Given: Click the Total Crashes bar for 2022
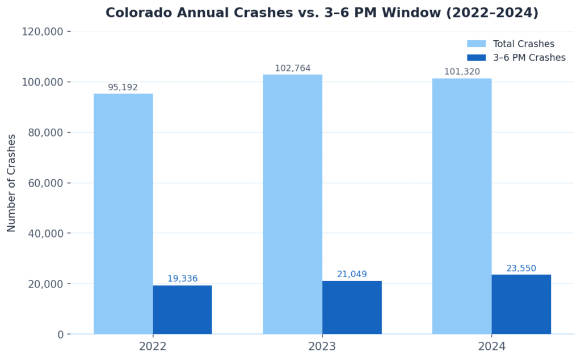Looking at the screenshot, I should pyautogui.click(x=123, y=214).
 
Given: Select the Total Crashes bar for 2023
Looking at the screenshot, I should pyautogui.click(x=292, y=204).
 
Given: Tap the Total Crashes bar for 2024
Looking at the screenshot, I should pyautogui.click(x=462, y=206).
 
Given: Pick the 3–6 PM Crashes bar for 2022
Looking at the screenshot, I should pyautogui.click(x=182, y=310).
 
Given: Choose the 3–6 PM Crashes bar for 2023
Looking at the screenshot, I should pyautogui.click(x=352, y=307).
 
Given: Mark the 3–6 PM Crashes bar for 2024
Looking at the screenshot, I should pyautogui.click(x=521, y=304).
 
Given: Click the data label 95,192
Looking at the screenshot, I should pyautogui.click(x=123, y=87).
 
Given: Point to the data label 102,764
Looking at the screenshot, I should pyautogui.click(x=293, y=68).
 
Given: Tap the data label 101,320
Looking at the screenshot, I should pyautogui.click(x=462, y=71).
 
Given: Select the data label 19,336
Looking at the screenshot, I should pyautogui.click(x=182, y=278).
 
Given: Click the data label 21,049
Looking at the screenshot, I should pyautogui.click(x=352, y=274).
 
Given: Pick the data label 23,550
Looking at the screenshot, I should pyautogui.click(x=521, y=268).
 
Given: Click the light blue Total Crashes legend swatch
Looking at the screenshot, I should pyautogui.click(x=476, y=44).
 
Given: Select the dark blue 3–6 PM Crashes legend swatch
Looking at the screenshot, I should pyautogui.click(x=476, y=57).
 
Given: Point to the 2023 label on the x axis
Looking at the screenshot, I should pyautogui.click(x=322, y=346).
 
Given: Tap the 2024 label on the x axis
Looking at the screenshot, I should pyautogui.click(x=491, y=346).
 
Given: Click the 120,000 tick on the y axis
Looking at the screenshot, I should pyautogui.click(x=42, y=32).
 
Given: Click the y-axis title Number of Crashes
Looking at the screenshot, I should pyautogui.click(x=11, y=183).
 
